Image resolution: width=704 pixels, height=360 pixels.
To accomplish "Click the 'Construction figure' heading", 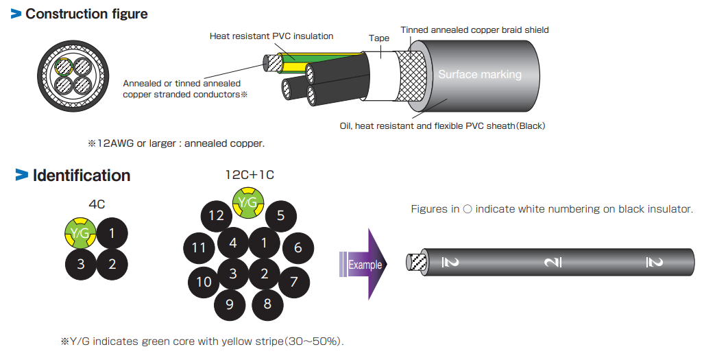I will point(86,14).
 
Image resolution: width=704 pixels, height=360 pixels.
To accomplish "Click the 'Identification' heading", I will point(81,176).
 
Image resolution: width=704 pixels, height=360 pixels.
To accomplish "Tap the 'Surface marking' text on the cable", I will point(480,75).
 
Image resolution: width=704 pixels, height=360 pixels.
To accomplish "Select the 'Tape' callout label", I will point(379,38).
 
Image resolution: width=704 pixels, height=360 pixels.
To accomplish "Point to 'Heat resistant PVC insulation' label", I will point(271,36).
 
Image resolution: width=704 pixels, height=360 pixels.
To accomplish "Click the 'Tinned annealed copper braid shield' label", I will point(474,30).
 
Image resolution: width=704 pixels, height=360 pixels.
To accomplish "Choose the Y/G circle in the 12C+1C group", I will point(247,201).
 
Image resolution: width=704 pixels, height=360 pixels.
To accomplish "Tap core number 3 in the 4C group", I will point(81,263).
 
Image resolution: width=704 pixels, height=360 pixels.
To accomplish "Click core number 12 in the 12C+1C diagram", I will point(217,217).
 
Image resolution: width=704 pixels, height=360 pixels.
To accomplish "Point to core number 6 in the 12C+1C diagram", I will point(298,248).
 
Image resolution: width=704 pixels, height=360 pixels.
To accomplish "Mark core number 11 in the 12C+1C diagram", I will point(199,248).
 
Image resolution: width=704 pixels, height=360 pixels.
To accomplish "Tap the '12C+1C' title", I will point(250,175).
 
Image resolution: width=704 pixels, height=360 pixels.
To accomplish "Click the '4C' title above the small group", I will point(97,204).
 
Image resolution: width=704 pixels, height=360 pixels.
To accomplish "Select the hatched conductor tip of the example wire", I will point(416,263).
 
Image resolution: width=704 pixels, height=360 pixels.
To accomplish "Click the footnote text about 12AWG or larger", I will point(175,143).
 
